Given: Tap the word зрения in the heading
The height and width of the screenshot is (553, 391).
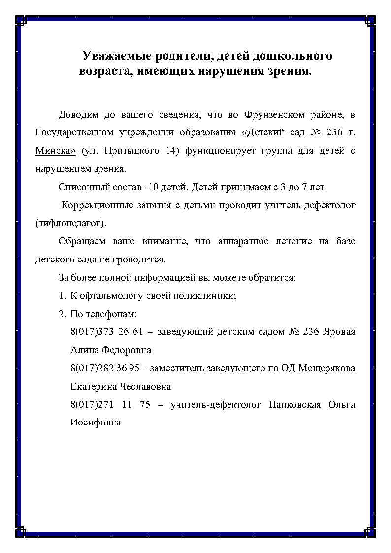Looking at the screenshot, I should (291, 71).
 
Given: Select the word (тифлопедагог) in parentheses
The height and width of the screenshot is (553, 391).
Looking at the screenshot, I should (71, 223).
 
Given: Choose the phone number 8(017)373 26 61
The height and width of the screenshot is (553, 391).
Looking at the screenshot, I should (106, 331).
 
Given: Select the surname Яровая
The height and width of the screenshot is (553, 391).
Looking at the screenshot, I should (339, 331).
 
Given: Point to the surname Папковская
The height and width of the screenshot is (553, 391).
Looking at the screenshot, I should (295, 404).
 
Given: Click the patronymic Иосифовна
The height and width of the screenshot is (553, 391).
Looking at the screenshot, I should (96, 423).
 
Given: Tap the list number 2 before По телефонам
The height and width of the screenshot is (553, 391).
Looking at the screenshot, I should (62, 314).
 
